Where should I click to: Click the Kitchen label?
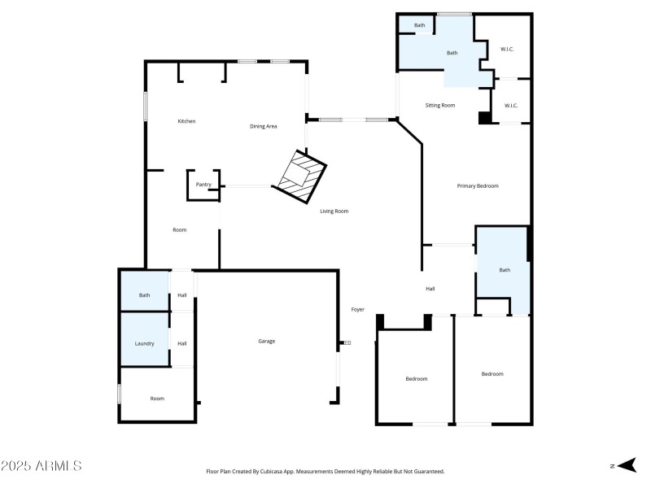[187, 121]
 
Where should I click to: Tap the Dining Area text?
[264, 126]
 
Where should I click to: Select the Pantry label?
[203, 185]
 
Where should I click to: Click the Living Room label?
[334, 211]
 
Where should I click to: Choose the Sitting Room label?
[440, 106]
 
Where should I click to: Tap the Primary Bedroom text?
[477, 186]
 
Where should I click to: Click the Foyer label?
[357, 310]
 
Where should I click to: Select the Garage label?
[267, 341]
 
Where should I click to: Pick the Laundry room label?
[144, 343]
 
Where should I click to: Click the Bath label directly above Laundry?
[144, 295]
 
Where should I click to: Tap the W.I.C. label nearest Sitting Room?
[510, 106]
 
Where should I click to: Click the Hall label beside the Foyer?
[430, 289]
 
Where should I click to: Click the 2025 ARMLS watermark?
[41, 466]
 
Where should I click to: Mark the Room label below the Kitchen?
[180, 230]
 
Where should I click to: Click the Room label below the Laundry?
[157, 399]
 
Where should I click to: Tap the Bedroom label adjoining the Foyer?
[417, 379]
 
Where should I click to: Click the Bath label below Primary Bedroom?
[505, 270]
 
